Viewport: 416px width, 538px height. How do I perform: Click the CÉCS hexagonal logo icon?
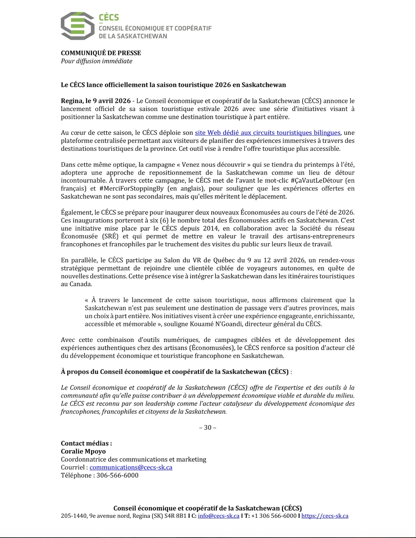coord(78,26)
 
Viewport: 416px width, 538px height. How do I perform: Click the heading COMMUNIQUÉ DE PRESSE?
coord(101,53)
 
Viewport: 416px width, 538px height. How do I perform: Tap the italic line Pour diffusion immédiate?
coord(96,61)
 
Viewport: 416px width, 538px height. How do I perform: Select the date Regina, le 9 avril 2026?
coord(95,101)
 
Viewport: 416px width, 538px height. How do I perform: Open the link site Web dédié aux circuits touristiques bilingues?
coord(267,133)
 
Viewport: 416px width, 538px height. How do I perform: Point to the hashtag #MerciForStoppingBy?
coord(131,188)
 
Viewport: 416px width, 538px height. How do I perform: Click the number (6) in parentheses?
coord(164,220)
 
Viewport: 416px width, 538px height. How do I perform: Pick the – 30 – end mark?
coord(208,427)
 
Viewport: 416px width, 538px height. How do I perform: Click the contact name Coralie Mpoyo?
coord(83,451)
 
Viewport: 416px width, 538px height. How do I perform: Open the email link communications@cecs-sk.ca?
coord(131,467)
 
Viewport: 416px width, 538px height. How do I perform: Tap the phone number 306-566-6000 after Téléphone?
coord(117,475)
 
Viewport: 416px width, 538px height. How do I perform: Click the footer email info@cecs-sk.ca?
coord(218,516)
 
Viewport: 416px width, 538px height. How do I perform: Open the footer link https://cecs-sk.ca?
coord(325,516)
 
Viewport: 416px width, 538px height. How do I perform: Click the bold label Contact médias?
coord(86,443)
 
